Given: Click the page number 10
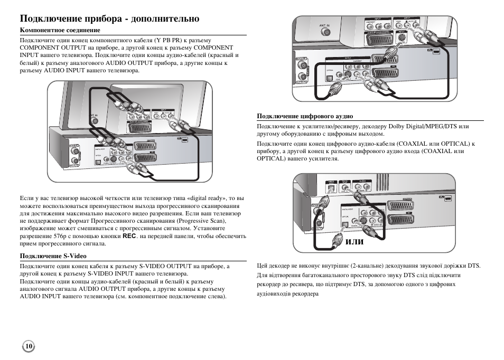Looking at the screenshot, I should [x=29, y=346].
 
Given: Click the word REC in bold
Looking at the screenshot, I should [x=129, y=236].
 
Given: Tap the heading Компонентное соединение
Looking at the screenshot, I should [x=60, y=31].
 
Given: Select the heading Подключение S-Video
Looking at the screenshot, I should [x=53, y=256].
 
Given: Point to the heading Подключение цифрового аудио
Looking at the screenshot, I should [x=305, y=116].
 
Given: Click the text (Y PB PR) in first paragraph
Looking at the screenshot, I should [x=169, y=40].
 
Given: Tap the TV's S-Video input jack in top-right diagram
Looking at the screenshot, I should [x=403, y=36].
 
